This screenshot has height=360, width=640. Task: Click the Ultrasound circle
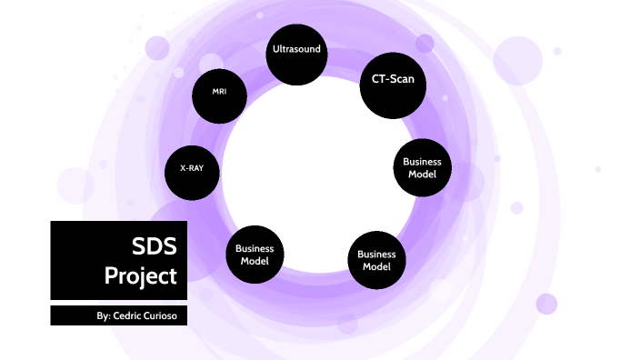[296, 52]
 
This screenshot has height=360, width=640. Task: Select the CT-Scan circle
[393, 82]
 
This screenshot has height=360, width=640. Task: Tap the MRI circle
[219, 93]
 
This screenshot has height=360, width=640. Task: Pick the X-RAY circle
[192, 169]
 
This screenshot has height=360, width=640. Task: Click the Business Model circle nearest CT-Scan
[422, 167]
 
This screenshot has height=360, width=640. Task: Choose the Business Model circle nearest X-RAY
[255, 254]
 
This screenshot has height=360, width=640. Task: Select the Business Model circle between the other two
[376, 260]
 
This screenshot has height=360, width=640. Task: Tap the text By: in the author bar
[104, 316]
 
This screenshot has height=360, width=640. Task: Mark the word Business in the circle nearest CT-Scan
[422, 162]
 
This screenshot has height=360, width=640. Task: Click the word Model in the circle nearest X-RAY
[255, 260]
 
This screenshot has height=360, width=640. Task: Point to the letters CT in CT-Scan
[379, 79]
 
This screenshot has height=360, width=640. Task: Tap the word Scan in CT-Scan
[403, 79]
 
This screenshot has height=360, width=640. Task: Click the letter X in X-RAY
[183, 169]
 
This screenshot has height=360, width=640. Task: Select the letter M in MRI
[215, 93]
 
